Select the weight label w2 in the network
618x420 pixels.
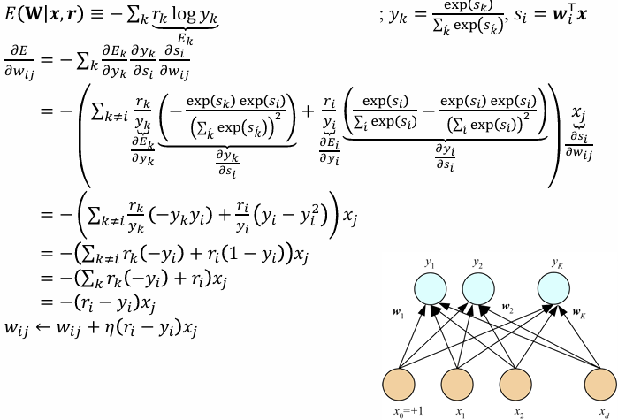pyautogui.click(x=507, y=310)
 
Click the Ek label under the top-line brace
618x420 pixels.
pyautogui.click(x=185, y=38)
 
